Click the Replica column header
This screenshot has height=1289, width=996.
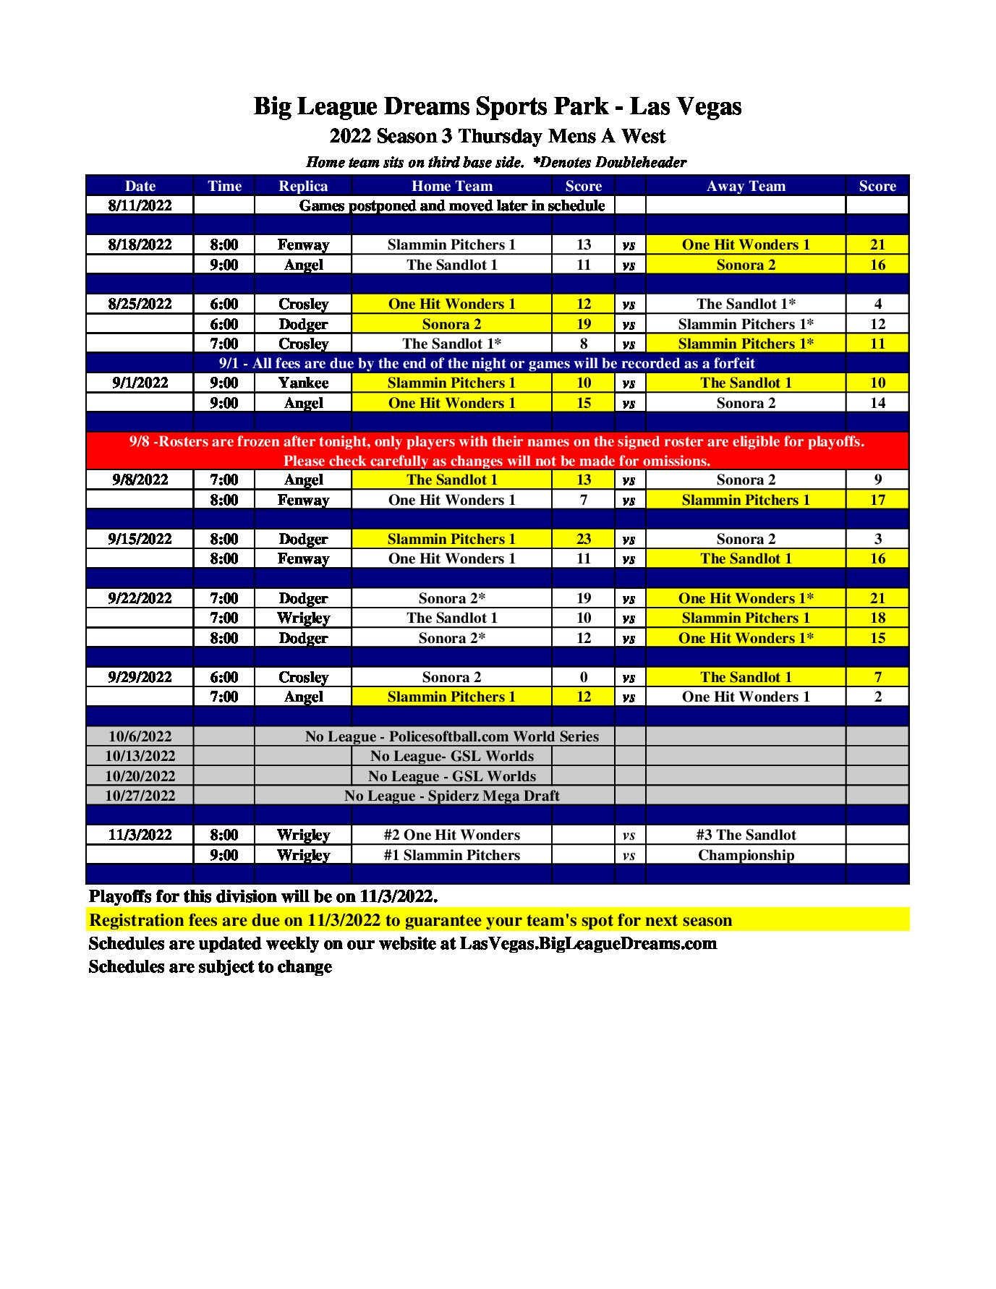tap(303, 186)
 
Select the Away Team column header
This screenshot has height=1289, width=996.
tap(746, 186)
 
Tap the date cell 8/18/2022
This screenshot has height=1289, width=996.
tap(140, 244)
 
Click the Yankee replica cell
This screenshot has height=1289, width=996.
tap(303, 383)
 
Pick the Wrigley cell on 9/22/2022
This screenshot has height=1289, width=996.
tap(303, 618)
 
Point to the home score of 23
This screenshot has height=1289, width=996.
tap(583, 539)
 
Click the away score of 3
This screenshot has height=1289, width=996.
tap(877, 539)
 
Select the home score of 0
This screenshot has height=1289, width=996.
tap(583, 677)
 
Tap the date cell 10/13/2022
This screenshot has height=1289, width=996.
tap(140, 756)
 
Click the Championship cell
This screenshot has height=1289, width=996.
tap(746, 855)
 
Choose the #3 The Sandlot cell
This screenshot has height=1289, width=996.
tap(746, 835)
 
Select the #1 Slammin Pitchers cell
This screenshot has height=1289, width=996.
tap(452, 855)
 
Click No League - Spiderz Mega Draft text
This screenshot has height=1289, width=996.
tap(452, 796)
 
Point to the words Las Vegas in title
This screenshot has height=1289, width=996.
tap(686, 106)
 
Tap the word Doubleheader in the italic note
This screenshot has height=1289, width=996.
tap(641, 162)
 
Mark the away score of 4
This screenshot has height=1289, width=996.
tap(877, 304)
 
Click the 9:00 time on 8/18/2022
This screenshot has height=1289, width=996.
tap(224, 265)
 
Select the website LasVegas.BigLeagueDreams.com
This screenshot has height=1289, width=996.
tap(588, 943)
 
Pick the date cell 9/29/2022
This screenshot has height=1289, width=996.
tap(140, 677)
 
